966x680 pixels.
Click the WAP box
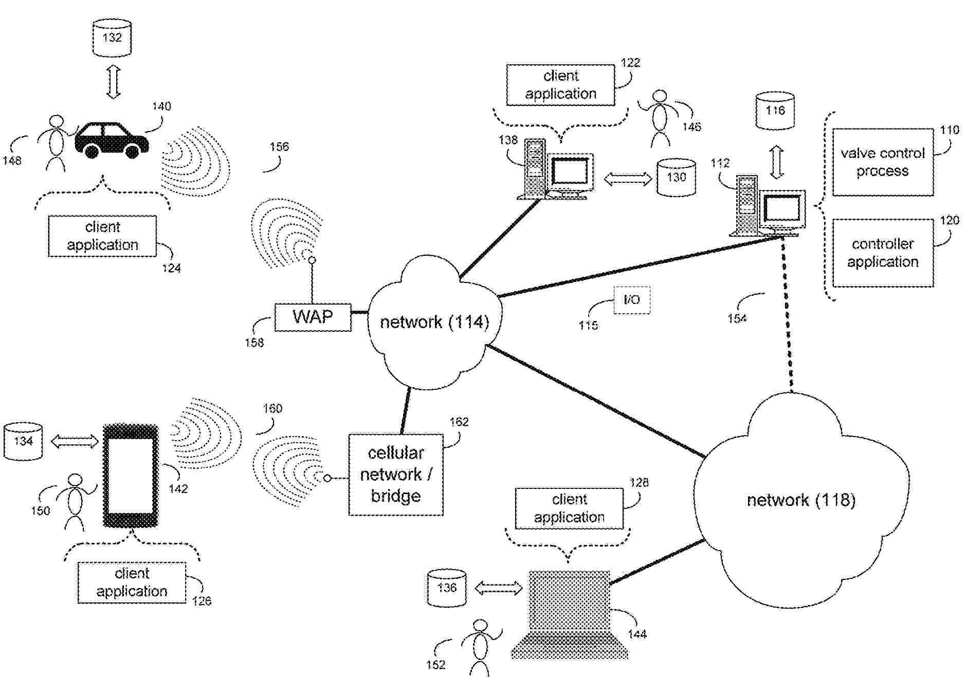313,317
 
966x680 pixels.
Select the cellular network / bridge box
395,475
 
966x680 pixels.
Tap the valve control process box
882,162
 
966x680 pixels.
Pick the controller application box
882,253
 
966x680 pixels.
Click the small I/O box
631,300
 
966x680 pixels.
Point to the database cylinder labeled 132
112,37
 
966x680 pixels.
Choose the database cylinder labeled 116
775,110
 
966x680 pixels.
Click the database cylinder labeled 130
676,177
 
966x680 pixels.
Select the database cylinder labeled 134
23,441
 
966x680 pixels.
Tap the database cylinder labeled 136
447,588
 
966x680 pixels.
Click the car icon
112,139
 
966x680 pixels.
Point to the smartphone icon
131,476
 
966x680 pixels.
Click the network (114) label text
434,322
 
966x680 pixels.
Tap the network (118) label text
800,500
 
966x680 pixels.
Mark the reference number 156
279,147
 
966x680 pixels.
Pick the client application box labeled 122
560,85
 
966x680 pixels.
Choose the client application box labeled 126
132,582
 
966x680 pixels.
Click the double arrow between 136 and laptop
498,588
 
